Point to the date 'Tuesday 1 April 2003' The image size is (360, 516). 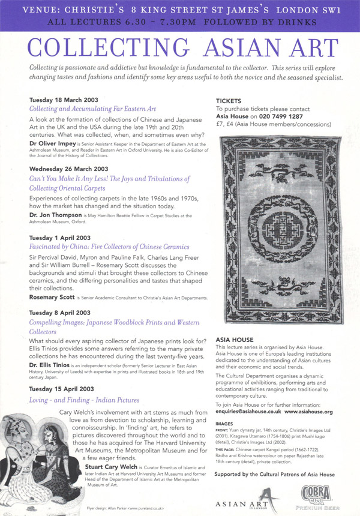coord(63,238)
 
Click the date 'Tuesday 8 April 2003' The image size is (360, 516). coord(63,313)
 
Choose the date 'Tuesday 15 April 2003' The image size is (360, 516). coord(65,389)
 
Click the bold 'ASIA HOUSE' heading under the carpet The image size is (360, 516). coord(235,340)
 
